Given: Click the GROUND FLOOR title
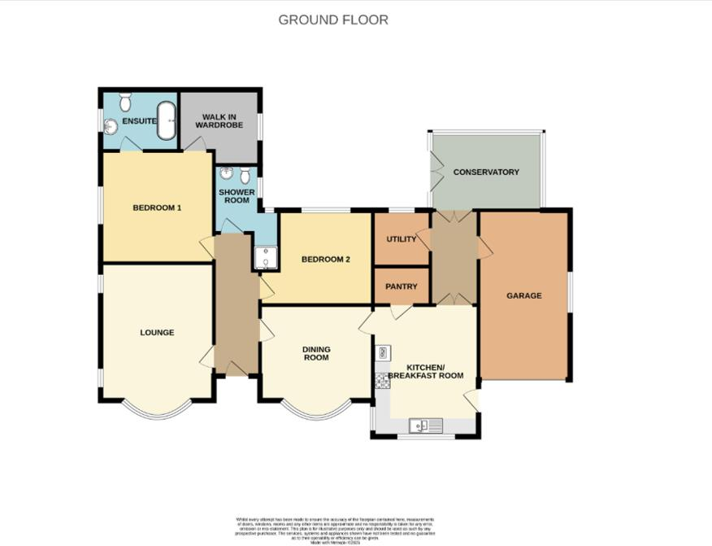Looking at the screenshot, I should click(x=333, y=20).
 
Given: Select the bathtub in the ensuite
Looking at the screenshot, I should click(x=166, y=121).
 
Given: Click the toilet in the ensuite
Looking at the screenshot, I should click(x=124, y=102).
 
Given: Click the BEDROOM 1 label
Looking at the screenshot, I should click(x=157, y=208).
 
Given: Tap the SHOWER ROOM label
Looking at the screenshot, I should click(x=237, y=196).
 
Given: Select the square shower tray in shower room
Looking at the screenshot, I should click(x=266, y=259).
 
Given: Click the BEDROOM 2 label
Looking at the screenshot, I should click(x=325, y=260).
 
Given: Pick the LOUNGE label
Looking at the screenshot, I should click(x=157, y=332).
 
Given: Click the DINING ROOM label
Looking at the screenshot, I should click(x=316, y=353).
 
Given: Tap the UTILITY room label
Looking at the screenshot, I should click(x=401, y=239).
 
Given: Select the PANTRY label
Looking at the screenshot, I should click(x=402, y=286).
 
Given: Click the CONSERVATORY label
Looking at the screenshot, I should click(x=486, y=173).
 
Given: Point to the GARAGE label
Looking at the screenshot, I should click(x=524, y=295).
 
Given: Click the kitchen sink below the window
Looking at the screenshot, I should click(x=425, y=425).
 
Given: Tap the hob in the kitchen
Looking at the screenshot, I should click(x=382, y=380).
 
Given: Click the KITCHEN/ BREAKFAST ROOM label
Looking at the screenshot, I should click(x=425, y=371).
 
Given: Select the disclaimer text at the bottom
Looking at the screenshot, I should click(x=336, y=527).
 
